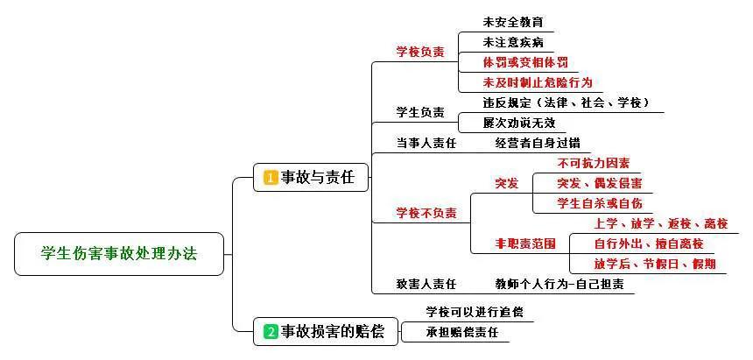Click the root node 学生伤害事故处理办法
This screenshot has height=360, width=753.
[x=120, y=254]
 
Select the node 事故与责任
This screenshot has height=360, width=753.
[x=311, y=177]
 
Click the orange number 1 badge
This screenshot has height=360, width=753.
[x=271, y=177]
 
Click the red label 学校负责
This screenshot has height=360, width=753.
[x=420, y=52]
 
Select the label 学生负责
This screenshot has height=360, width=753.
[x=420, y=113]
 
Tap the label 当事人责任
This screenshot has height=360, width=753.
[x=426, y=143]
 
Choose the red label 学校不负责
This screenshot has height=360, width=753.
[x=426, y=213]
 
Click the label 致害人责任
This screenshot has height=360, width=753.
[x=426, y=284]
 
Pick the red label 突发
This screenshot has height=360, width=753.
[x=507, y=184]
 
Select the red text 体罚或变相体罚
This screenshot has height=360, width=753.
[x=525, y=62]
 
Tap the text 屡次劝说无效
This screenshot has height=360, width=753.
[x=519, y=123]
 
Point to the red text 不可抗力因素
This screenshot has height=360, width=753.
[x=594, y=164]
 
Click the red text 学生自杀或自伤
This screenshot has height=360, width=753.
[x=600, y=203]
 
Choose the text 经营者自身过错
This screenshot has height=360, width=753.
[x=538, y=143]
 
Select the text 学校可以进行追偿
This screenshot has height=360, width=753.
[x=475, y=312]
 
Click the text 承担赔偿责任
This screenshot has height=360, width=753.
[x=462, y=333]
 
